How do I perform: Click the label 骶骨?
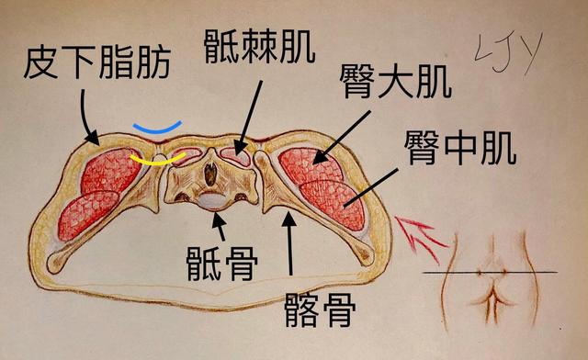[x=220, y=261]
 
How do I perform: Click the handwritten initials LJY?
[x=507, y=50]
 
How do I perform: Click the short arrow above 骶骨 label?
[x=219, y=226]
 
